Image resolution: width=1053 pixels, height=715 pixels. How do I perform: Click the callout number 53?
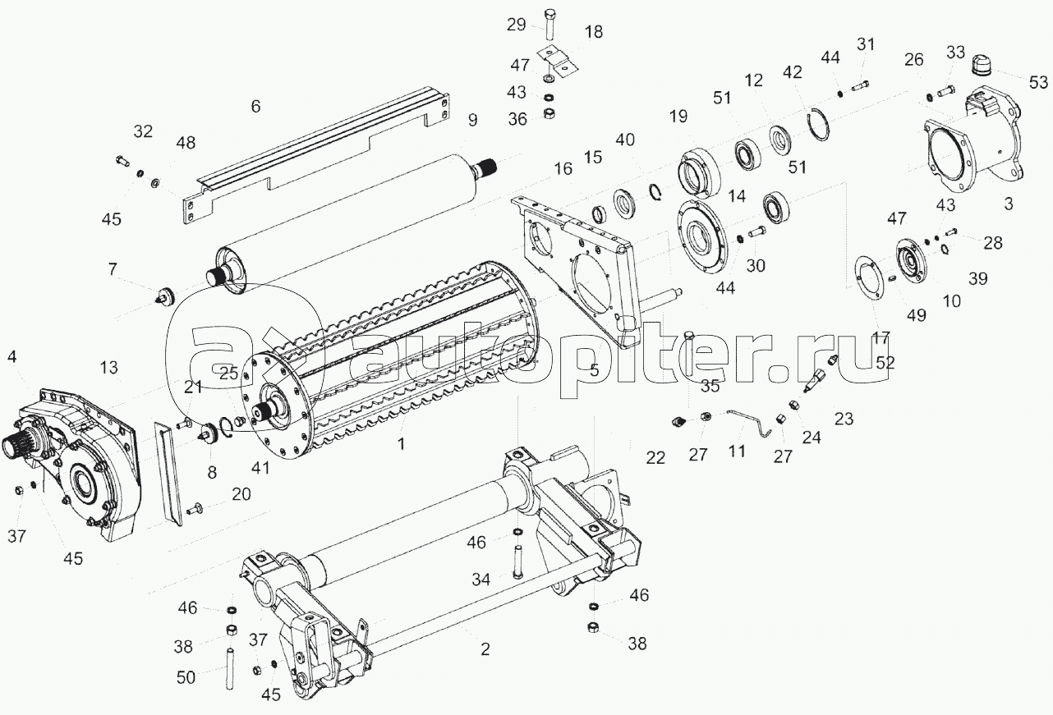click(1038, 83)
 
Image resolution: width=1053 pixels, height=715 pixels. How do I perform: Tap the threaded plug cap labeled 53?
click(981, 66)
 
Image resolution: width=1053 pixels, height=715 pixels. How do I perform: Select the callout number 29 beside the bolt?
click(516, 25)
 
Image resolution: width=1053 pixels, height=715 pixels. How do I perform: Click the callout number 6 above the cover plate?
click(255, 107)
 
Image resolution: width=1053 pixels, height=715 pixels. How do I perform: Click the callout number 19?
click(678, 116)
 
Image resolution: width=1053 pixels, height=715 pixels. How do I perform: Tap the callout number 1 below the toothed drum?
click(401, 444)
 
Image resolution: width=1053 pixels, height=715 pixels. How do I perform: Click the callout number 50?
click(186, 677)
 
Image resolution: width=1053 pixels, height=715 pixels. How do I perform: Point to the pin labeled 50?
click(229, 668)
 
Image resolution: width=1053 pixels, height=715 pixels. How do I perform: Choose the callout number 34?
click(481, 580)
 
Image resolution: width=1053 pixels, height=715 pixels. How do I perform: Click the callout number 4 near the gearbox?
click(12, 356)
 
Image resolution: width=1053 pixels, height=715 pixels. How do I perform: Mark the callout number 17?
click(881, 337)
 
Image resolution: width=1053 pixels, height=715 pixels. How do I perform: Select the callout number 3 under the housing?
click(1008, 204)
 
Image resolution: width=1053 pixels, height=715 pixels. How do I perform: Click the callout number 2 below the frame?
click(485, 649)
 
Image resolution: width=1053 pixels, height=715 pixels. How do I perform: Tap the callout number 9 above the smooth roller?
click(472, 120)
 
